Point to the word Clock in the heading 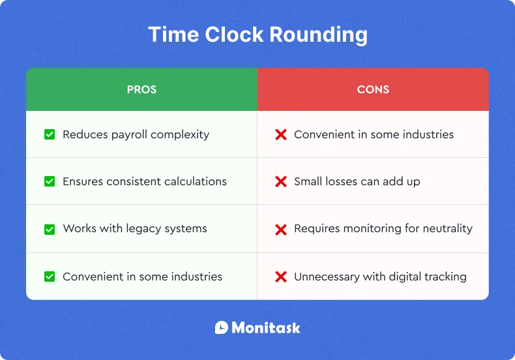point(226,35)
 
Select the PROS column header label point(141,89)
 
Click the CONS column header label point(373,89)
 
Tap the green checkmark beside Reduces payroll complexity point(50,134)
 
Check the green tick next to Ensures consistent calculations point(50,181)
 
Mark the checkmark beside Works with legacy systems point(50,229)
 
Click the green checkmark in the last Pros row point(50,277)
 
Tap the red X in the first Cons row point(281,134)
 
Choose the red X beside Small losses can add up point(281,181)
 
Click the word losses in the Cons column point(340,181)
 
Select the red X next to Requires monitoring point(281,229)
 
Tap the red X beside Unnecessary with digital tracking point(281,277)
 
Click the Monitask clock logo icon point(222,327)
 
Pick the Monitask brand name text point(266,327)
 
